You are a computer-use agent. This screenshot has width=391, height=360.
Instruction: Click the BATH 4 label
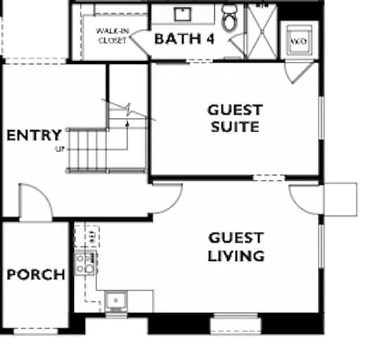(x=184, y=39)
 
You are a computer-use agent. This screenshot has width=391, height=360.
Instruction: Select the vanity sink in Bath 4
(x=184, y=14)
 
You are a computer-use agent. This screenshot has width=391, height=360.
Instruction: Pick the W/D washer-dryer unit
(x=298, y=40)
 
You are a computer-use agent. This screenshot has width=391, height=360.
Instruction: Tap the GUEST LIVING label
(x=236, y=247)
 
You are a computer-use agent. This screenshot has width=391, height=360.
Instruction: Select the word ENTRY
(x=34, y=135)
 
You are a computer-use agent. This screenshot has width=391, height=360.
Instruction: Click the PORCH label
(x=35, y=274)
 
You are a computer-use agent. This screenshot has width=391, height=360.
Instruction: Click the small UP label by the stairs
(x=60, y=149)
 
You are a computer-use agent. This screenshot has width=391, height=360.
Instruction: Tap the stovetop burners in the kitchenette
(x=84, y=264)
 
